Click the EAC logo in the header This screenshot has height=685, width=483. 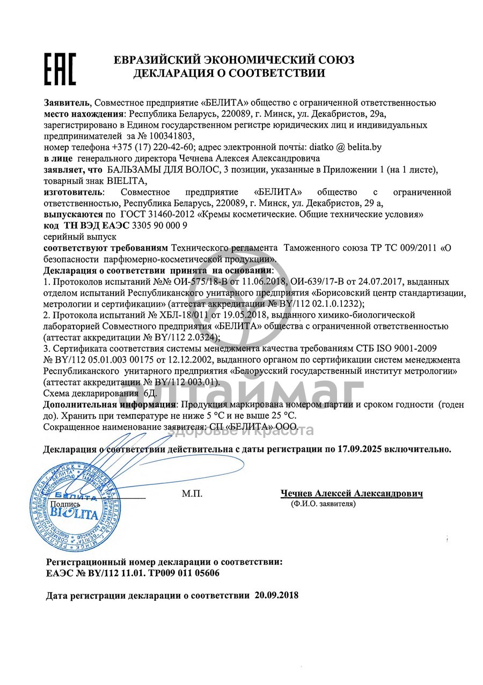click(x=60, y=70)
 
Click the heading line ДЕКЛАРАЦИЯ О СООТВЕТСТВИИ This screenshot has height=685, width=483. click(x=229, y=73)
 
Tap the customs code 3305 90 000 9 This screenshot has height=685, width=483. click(x=156, y=225)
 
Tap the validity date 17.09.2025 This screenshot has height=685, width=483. click(x=362, y=449)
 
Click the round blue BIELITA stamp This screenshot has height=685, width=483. click(x=75, y=507)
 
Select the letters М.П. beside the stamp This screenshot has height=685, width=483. click(x=192, y=494)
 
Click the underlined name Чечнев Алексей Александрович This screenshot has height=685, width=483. click(x=351, y=494)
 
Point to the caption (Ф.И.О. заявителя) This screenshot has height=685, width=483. click(x=323, y=504)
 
